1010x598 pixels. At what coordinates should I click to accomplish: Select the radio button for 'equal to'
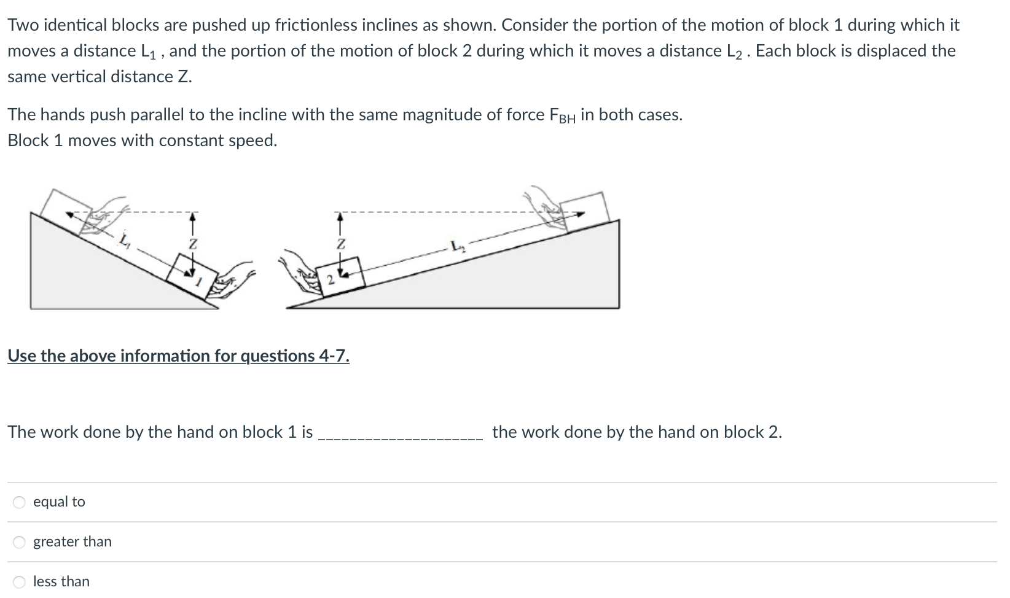20,502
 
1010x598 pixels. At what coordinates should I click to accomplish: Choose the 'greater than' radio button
20,542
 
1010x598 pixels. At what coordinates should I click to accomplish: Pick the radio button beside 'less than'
20,581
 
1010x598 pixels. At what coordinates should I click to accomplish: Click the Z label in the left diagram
193,244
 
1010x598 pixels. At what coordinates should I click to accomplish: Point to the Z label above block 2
339,244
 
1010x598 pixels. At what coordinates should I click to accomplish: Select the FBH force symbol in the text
562,115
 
